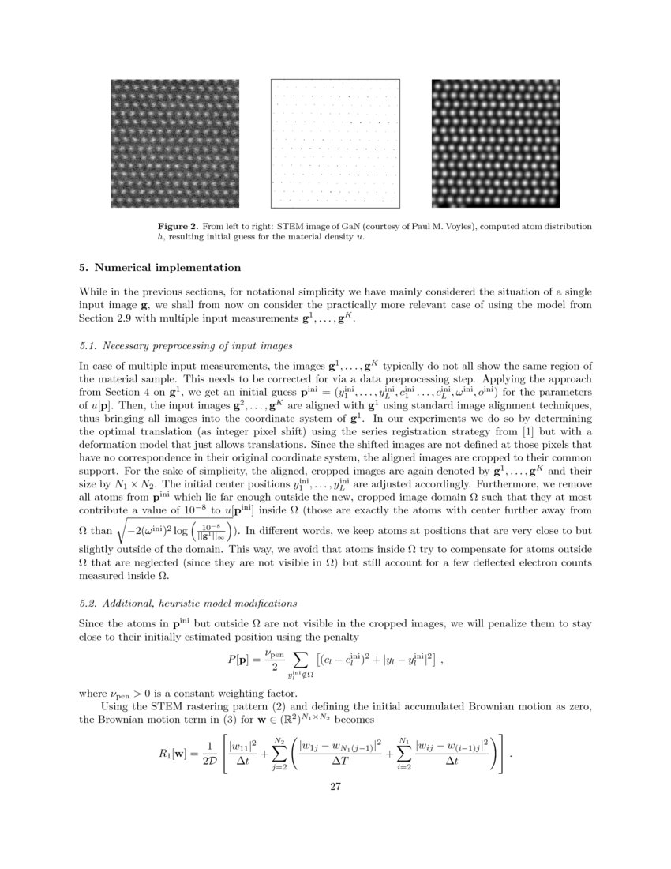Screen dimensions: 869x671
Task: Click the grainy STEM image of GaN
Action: click(x=174, y=143)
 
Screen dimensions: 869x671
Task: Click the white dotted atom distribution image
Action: click(x=335, y=143)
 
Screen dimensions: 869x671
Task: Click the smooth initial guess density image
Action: click(x=497, y=143)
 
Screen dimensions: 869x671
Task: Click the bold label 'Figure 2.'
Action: click(x=178, y=227)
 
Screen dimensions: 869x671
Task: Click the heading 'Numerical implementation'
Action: click(x=163, y=268)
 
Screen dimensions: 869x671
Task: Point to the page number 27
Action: click(x=335, y=786)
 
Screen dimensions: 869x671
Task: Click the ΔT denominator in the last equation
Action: click(x=340, y=762)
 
